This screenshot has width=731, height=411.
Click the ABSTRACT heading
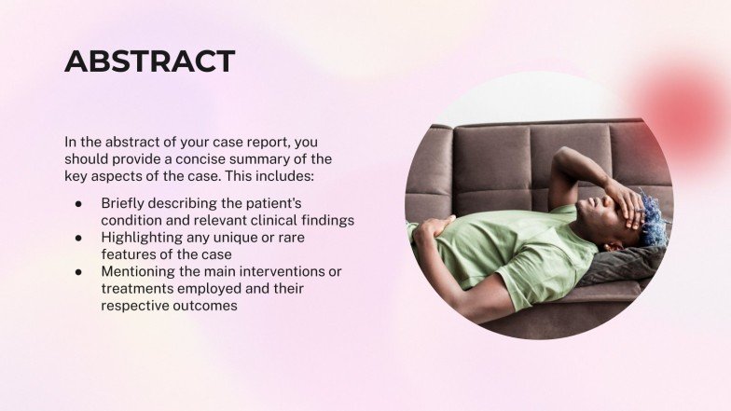pyautogui.click(x=149, y=62)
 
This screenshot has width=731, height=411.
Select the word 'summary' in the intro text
pyautogui.click(x=283, y=159)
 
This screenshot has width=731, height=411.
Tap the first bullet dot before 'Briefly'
pyautogui.click(x=79, y=203)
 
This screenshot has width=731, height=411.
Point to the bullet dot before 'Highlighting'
pyautogui.click(x=79, y=238)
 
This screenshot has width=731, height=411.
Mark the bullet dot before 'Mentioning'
pyautogui.click(x=79, y=272)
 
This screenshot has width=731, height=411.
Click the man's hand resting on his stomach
pyautogui.click(x=435, y=226)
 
